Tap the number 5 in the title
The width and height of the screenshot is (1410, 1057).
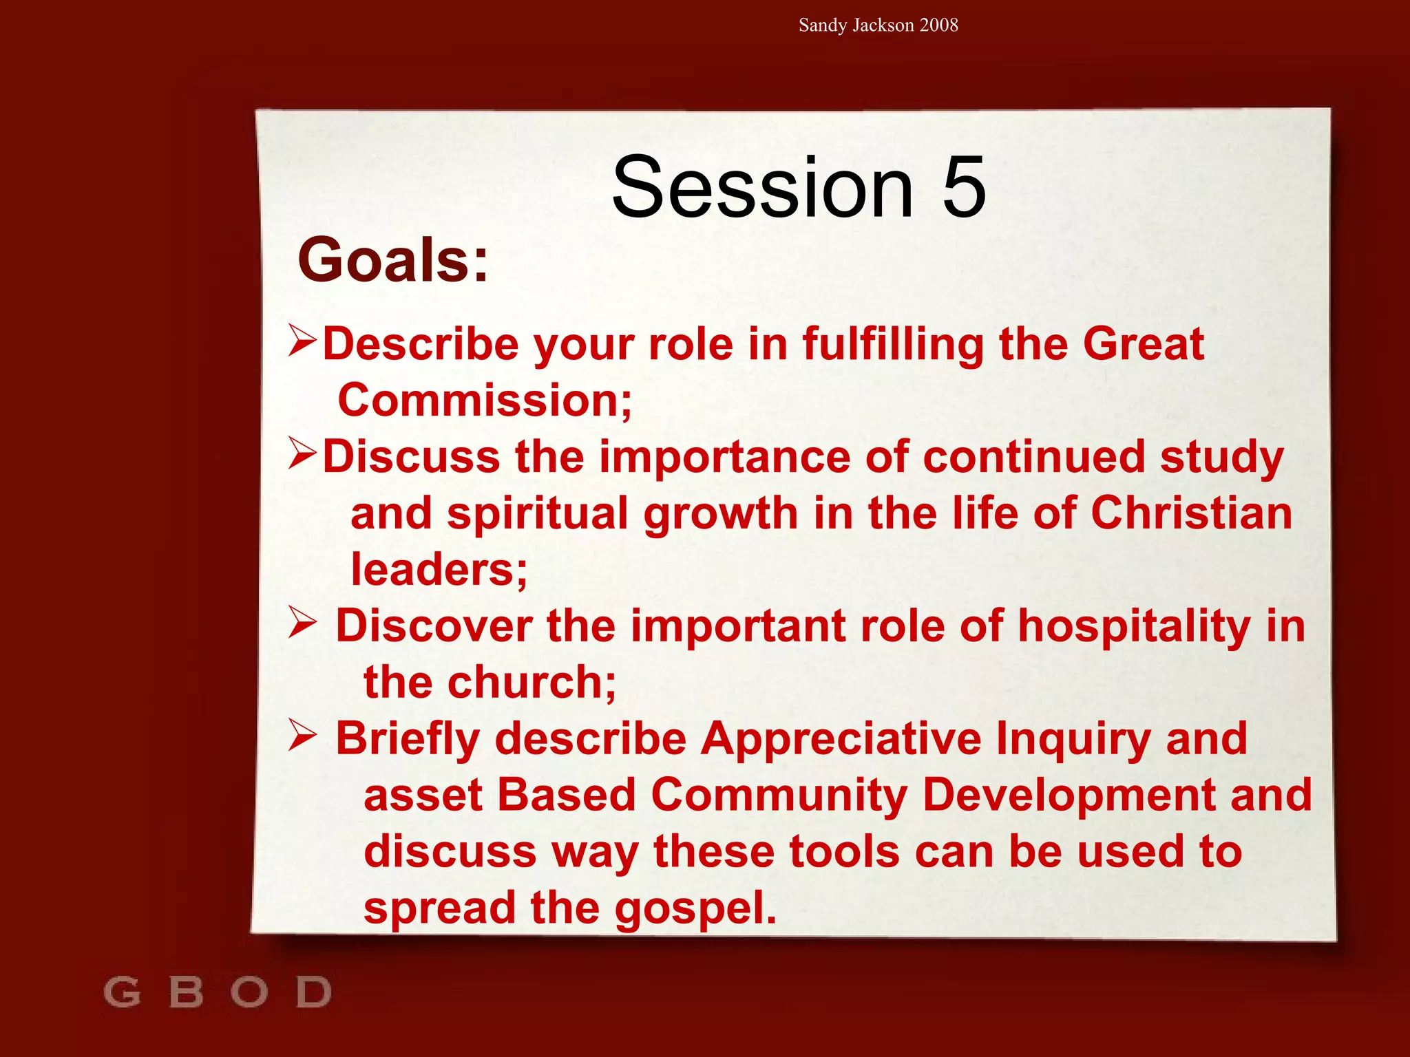click(x=964, y=187)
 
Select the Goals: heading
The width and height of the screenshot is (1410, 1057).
click(x=393, y=260)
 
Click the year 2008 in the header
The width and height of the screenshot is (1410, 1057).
click(x=938, y=25)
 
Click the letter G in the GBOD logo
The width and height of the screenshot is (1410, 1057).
click(x=123, y=992)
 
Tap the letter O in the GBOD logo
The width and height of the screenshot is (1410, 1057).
click(x=249, y=992)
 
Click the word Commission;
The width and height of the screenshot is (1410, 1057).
click(x=485, y=401)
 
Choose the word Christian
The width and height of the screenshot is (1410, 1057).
click(x=1191, y=513)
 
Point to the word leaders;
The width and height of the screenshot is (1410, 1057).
click(x=439, y=570)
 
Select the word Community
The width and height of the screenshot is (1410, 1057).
click(x=779, y=796)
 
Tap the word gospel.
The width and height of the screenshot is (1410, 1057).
click(x=695, y=908)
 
